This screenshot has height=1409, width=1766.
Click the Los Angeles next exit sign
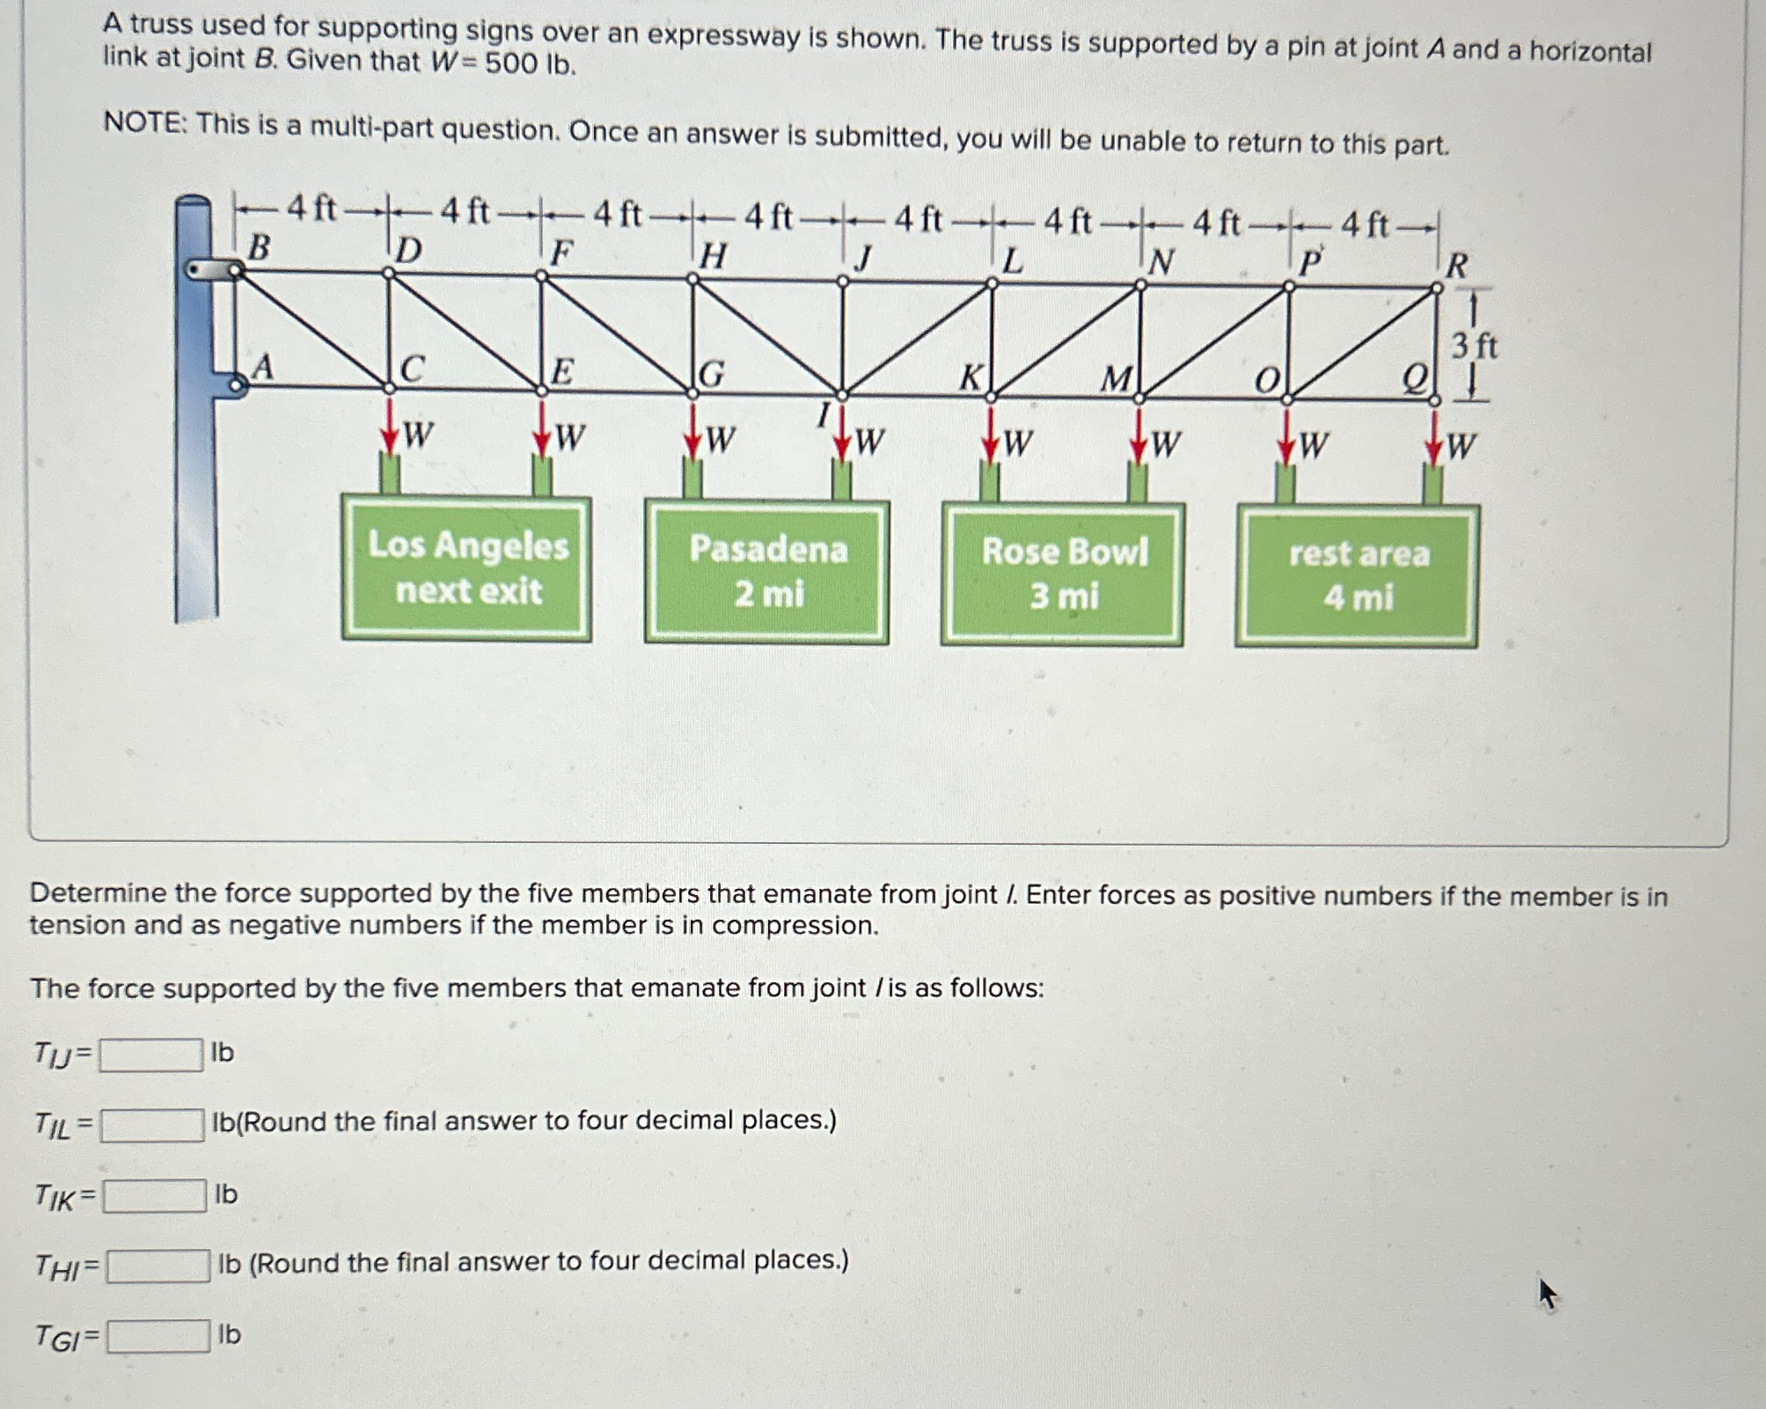click(x=467, y=569)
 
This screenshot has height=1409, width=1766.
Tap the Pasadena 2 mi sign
click(x=767, y=572)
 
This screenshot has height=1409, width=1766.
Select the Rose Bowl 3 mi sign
click(x=1063, y=574)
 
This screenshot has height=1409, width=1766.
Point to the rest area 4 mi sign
click(x=1358, y=576)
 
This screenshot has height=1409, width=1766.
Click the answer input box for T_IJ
click(x=151, y=1054)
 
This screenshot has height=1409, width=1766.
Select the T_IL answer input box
click(x=153, y=1125)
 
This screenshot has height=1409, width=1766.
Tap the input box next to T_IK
click(x=155, y=1195)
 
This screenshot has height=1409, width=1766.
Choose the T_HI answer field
click(x=158, y=1266)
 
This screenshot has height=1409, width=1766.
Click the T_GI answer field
click(x=159, y=1336)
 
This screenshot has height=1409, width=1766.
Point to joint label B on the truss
click(x=258, y=247)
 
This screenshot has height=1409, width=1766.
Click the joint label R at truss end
click(x=1456, y=265)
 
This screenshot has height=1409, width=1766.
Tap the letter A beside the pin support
click(x=262, y=367)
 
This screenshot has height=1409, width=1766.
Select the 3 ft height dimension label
click(x=1474, y=346)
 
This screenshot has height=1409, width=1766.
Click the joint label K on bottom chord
click(x=970, y=378)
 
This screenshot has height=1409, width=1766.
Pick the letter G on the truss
click(x=711, y=375)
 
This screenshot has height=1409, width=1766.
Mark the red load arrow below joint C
click(x=389, y=426)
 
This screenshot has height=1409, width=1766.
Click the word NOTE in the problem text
click(x=143, y=123)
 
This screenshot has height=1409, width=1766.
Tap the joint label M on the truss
click(x=1117, y=380)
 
